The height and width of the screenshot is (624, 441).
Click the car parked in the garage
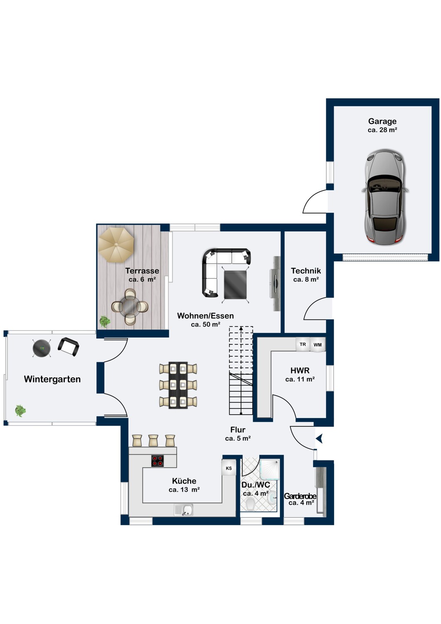385,197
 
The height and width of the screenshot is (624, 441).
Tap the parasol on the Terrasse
116,245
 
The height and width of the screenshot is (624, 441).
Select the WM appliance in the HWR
317,344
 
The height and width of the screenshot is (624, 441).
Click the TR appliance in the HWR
303,344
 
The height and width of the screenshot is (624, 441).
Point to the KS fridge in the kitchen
229,468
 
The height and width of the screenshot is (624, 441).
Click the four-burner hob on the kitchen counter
158,461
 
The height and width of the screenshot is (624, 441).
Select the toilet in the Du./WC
251,504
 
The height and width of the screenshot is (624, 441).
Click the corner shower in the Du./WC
269,469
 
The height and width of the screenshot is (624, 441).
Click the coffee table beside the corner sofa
235,285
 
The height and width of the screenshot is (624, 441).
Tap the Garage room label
382,121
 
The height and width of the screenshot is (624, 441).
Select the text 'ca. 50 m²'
206,324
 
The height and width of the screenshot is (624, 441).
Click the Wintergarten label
52,379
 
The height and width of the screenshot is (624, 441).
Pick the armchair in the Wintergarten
68,347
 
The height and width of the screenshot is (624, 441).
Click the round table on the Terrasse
130,307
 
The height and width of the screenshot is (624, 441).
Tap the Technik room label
306,271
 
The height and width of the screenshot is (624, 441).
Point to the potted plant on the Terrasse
105,322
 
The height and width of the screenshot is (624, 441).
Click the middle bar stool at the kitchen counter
153,441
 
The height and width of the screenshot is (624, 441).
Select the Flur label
238,430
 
